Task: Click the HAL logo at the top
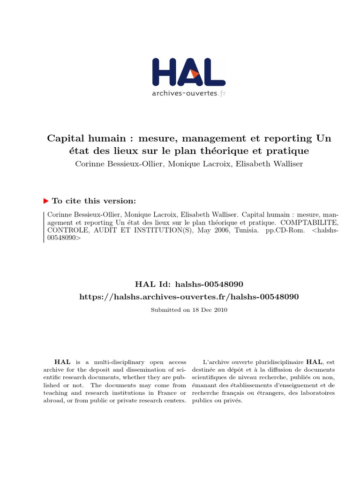(188, 73)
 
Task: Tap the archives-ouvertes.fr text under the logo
(188, 93)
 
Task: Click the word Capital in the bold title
(63, 139)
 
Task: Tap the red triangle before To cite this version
(46, 201)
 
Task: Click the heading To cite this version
(94, 201)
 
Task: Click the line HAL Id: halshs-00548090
(189, 284)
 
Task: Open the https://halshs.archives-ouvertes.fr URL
(189, 296)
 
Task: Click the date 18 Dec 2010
(210, 310)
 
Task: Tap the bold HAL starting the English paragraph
(62, 362)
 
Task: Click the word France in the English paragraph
(168, 393)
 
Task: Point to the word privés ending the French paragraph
(234, 401)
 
